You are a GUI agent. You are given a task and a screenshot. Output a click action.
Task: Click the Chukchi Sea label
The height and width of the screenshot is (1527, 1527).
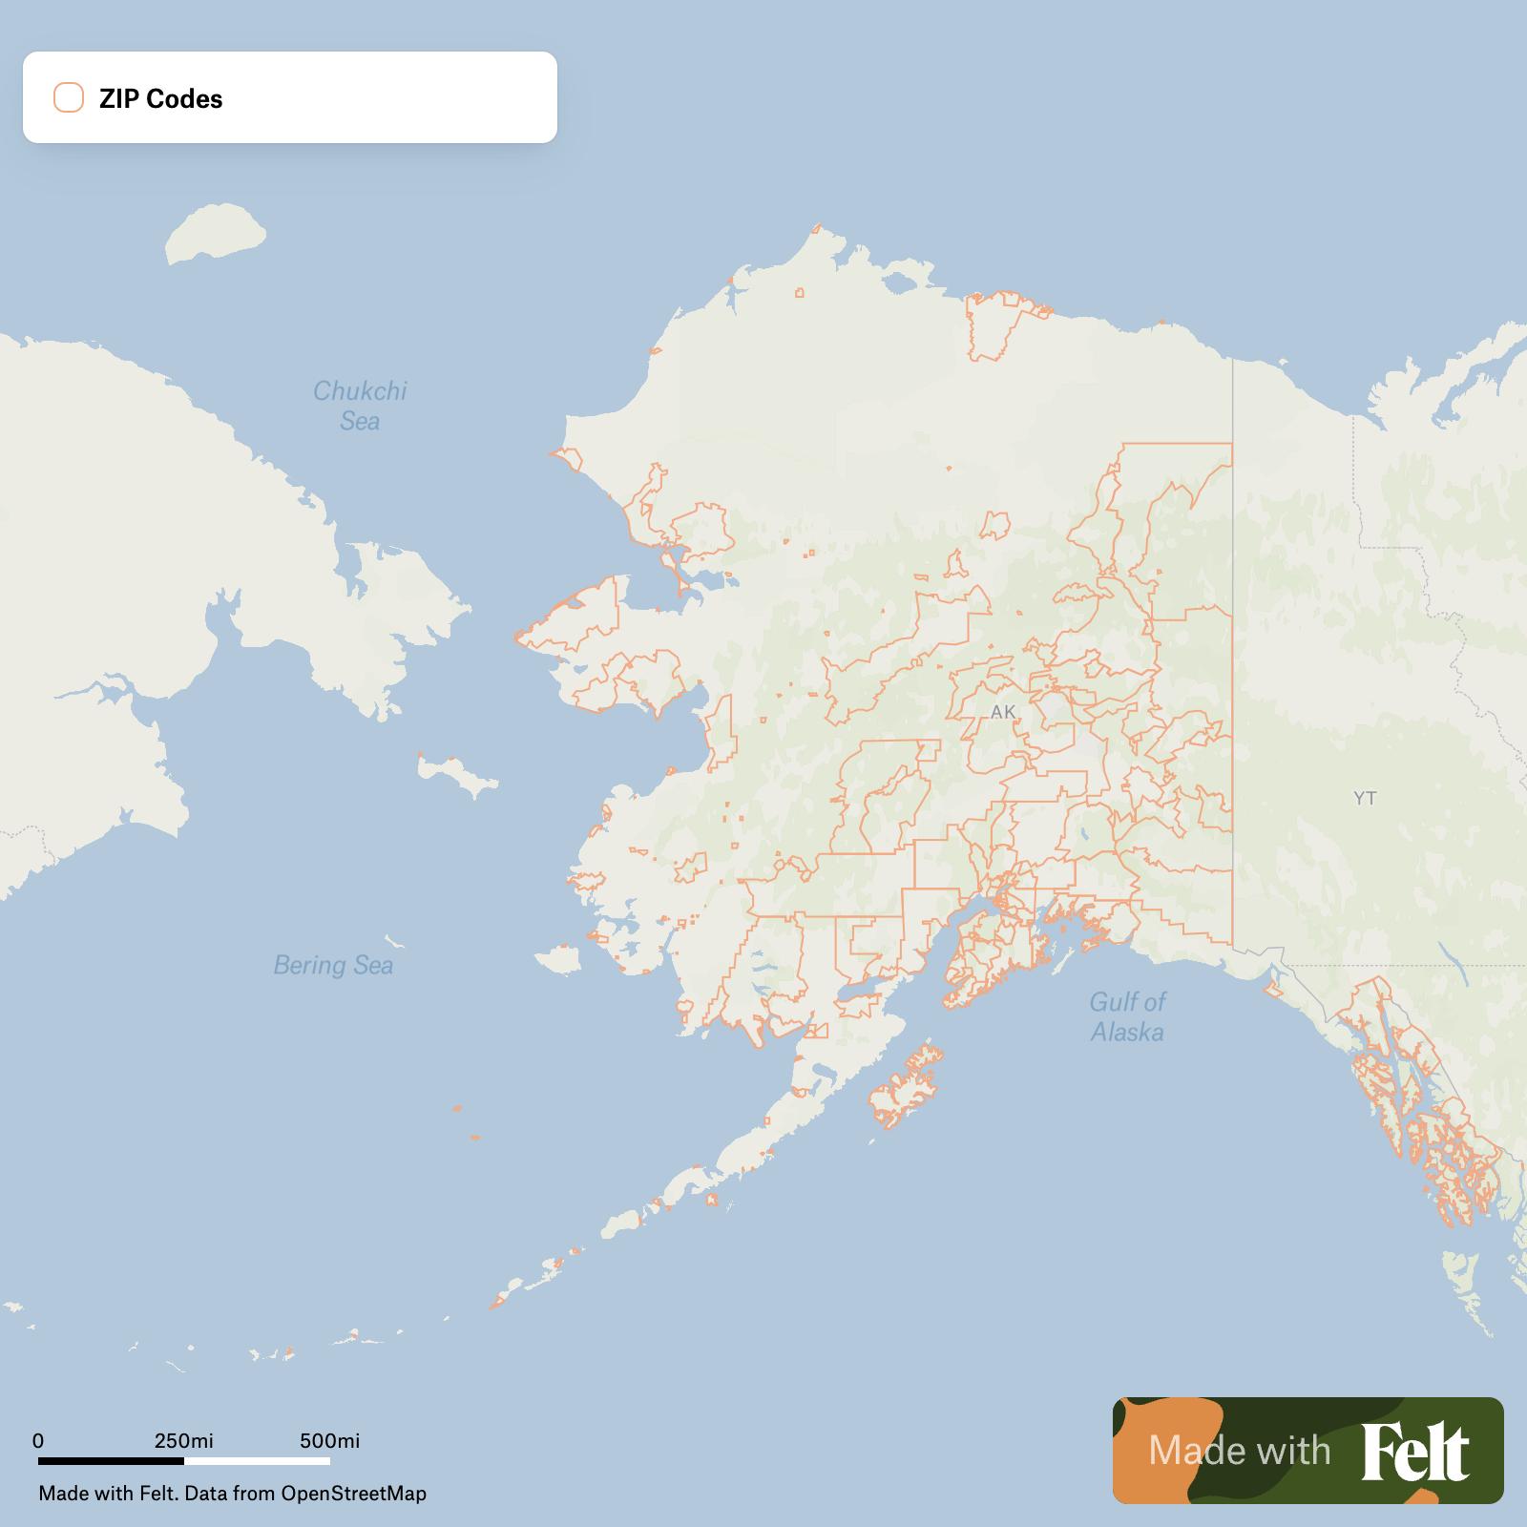click(360, 406)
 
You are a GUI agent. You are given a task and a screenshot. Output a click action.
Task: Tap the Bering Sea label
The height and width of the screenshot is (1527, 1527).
click(333, 965)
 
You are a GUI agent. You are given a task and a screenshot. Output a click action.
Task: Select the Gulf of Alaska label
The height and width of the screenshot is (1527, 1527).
click(1127, 1016)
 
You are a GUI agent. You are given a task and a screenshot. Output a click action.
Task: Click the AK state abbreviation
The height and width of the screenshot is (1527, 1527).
click(1003, 712)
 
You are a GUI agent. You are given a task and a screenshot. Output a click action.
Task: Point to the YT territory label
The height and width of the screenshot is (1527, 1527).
click(1365, 798)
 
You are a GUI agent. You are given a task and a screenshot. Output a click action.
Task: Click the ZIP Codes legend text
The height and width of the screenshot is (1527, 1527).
click(160, 98)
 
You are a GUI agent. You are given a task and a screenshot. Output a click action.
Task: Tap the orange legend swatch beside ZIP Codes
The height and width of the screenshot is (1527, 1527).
click(69, 97)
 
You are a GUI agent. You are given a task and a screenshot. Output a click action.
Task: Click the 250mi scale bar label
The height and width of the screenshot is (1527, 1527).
click(183, 1440)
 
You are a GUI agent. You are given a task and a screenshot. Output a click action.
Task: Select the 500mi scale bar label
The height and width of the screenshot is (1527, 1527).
click(329, 1440)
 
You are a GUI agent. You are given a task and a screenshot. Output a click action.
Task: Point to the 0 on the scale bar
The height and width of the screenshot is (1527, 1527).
click(38, 1440)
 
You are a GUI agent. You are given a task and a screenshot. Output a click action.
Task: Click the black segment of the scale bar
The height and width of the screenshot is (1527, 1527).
click(111, 1460)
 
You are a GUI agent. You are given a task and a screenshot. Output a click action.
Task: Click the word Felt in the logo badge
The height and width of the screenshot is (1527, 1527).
click(1415, 1451)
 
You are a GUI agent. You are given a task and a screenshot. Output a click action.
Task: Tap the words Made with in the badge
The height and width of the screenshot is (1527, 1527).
click(1239, 1451)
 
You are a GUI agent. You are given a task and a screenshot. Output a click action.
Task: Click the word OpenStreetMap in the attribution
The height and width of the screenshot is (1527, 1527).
click(353, 1493)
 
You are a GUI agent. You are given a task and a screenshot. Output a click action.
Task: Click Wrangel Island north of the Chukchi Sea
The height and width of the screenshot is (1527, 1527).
click(215, 231)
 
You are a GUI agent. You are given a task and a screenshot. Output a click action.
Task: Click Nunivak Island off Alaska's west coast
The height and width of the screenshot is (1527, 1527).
click(558, 957)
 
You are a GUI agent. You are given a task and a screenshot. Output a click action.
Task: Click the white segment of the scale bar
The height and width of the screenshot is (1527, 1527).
click(257, 1460)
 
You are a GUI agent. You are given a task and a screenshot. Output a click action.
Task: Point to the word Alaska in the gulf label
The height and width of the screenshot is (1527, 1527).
click(1127, 1032)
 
